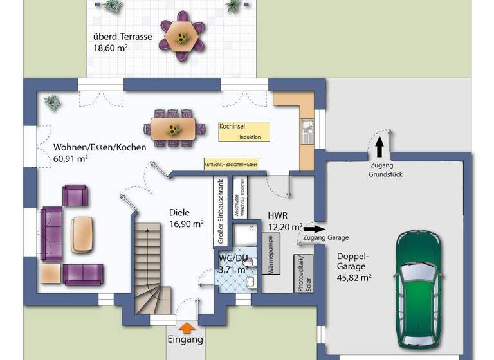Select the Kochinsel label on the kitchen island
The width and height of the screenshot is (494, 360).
click(232, 127)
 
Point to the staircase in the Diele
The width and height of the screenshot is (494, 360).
click(153, 264)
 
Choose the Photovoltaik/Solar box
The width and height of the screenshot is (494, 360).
click(302, 274)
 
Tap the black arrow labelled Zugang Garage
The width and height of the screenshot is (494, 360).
click(314, 228)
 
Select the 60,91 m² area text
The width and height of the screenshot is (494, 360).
click(71, 158)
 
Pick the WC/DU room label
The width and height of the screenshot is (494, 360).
click(232, 258)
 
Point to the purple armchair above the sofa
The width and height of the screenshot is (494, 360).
click(75, 195)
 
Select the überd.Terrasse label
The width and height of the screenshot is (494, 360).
click(123, 37)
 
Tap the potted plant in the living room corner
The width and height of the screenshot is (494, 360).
click(52, 102)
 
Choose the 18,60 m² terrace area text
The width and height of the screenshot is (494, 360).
click(111, 48)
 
